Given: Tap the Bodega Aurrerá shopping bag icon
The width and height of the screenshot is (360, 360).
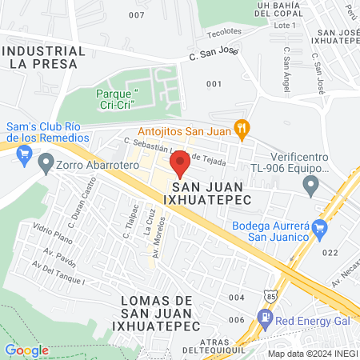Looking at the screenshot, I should [x=320, y=230].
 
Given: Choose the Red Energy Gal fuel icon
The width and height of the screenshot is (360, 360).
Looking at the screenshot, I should [x=265, y=318].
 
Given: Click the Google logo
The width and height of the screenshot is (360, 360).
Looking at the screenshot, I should [x=26, y=350].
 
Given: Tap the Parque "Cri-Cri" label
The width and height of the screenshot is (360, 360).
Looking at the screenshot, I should [x=118, y=99].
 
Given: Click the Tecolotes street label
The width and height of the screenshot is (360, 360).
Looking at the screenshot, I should [x=224, y=31].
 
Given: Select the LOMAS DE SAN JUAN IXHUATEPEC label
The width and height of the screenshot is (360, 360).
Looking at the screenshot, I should [x=152, y=313].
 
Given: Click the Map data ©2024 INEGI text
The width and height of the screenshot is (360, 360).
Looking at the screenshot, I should [x=312, y=353].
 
